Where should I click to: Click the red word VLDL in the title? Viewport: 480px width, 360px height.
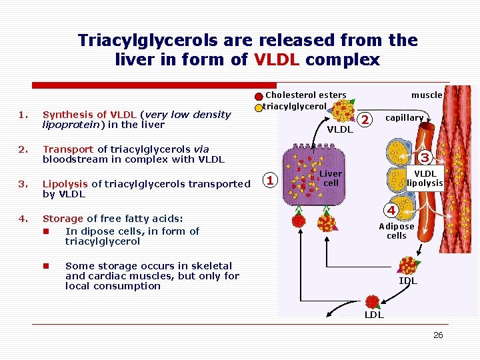point(277,60)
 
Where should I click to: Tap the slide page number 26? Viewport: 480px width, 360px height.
point(438,335)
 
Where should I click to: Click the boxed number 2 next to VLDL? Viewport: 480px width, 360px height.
point(364,119)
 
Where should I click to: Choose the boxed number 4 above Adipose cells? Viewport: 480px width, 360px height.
point(393,211)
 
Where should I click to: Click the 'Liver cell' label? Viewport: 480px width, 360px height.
point(331,178)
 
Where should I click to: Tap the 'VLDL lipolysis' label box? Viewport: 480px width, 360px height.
point(425,178)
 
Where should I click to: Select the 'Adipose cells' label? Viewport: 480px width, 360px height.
point(397,231)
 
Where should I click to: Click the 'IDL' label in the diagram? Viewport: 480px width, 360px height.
point(407,281)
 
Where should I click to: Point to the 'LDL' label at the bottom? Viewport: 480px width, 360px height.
point(373,315)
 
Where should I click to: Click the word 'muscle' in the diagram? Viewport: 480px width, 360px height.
point(427,95)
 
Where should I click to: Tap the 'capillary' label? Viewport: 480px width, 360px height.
point(405,118)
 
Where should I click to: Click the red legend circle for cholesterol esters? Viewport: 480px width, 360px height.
point(259,95)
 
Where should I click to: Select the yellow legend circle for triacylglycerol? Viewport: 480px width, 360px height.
point(259,107)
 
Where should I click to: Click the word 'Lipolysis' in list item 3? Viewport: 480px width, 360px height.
point(65,184)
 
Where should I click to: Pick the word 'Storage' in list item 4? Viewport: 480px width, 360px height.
point(63,218)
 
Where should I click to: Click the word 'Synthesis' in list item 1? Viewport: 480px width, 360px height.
point(66,115)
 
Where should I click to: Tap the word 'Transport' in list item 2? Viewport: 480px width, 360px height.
point(68,149)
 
